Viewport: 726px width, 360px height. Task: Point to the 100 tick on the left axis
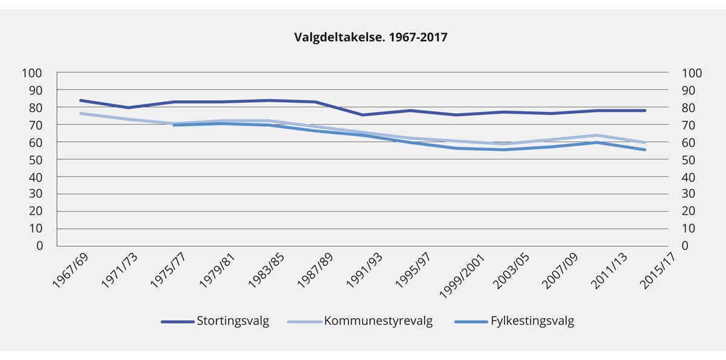pyautogui.click(x=32, y=73)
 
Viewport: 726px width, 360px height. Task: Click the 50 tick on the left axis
pyautogui.click(x=36, y=160)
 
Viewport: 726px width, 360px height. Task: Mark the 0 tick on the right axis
pyautogui.click(x=685, y=246)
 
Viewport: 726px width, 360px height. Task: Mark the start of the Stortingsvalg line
pyautogui.click(x=80, y=100)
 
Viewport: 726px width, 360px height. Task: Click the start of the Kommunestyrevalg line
pyautogui.click(x=80, y=113)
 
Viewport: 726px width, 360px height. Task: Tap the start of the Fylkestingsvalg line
pyautogui.click(x=174, y=125)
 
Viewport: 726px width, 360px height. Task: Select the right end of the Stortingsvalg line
pyautogui.click(x=645, y=111)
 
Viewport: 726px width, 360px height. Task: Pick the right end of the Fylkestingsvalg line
pyautogui.click(x=645, y=149)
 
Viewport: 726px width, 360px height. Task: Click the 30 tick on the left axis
pyautogui.click(x=36, y=194)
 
